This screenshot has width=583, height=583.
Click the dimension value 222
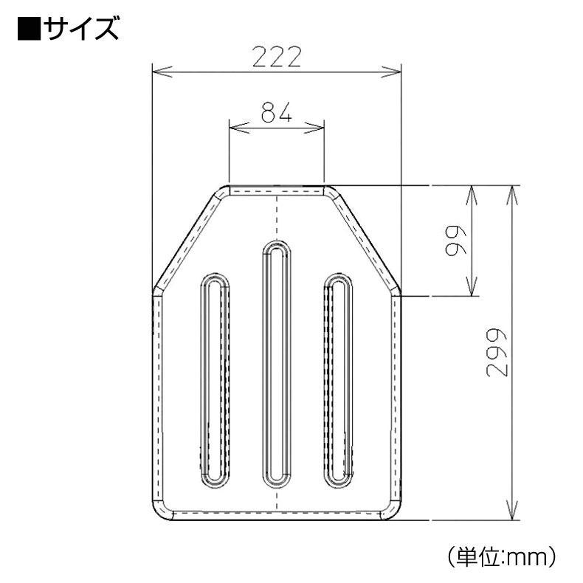point(277,57)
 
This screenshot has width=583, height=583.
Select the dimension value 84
point(276,112)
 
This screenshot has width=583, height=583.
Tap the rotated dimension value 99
point(455,240)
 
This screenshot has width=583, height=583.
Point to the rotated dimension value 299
point(497,353)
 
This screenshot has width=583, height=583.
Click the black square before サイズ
point(29,29)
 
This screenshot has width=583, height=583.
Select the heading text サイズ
point(81,29)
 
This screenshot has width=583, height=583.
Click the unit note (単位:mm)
point(501,556)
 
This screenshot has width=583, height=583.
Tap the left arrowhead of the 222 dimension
point(162,72)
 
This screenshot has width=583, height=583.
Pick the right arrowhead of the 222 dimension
point(392,72)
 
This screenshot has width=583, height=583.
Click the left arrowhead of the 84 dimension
point(238,128)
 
